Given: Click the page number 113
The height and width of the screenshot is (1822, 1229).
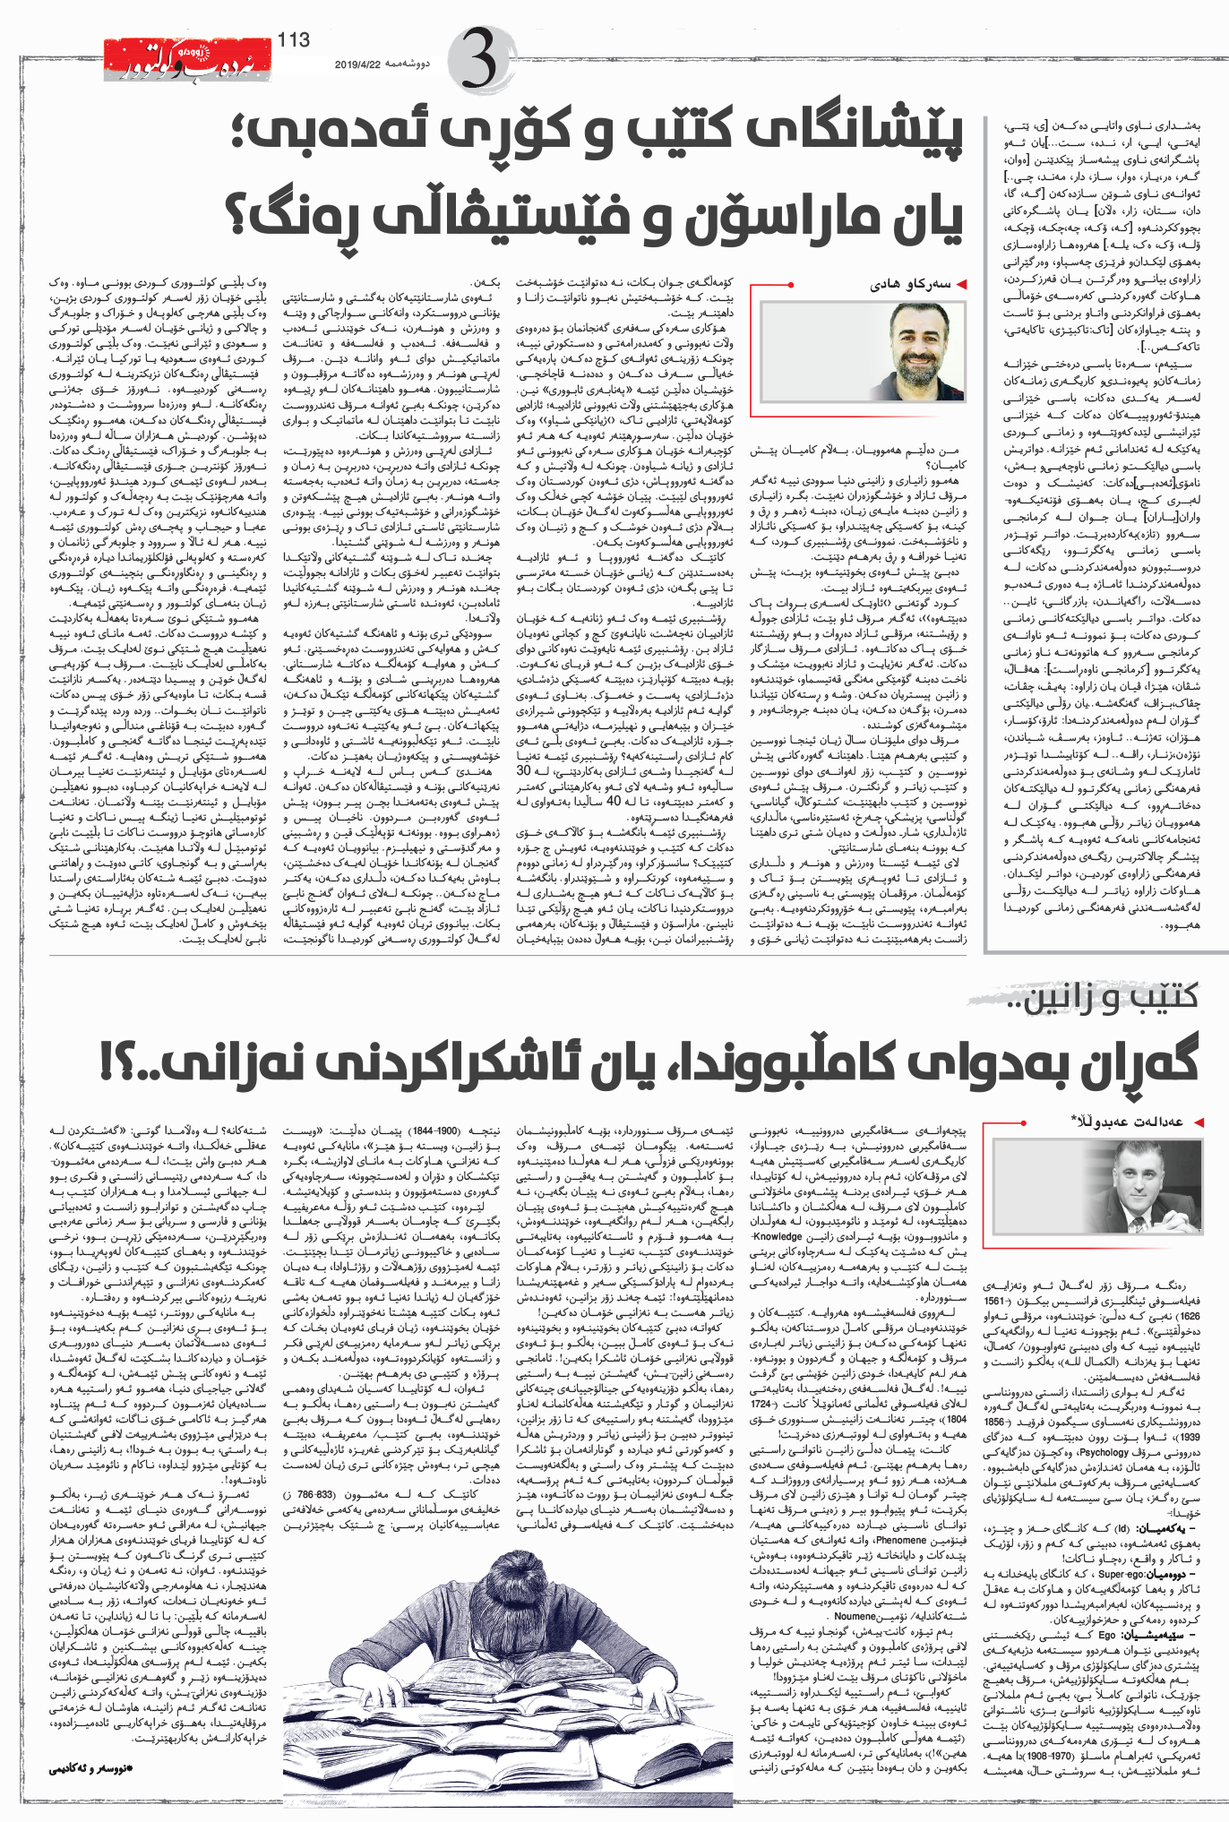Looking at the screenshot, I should click(x=294, y=39).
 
